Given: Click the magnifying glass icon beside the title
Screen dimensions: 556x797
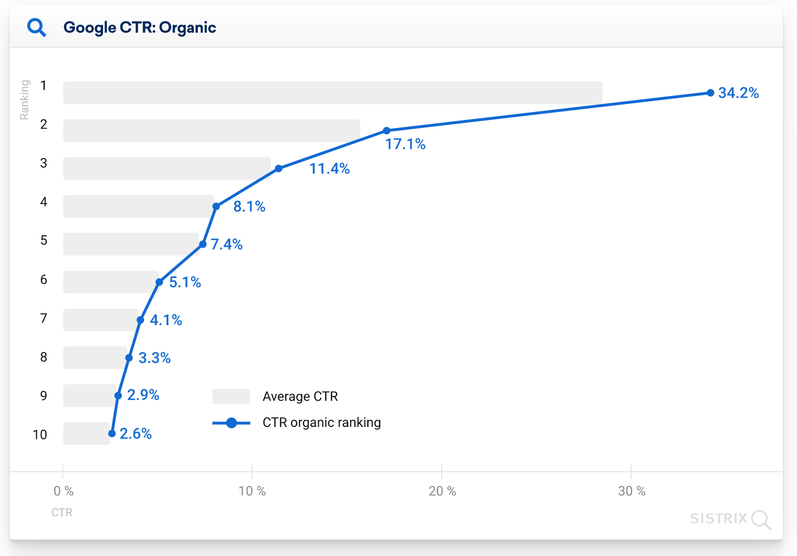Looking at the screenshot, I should click(x=37, y=27).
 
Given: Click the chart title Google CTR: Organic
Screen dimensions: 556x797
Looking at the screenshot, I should click(x=140, y=27).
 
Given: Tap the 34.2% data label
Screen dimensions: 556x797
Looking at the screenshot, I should click(x=738, y=93).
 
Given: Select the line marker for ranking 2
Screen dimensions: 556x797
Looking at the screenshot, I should click(x=387, y=131).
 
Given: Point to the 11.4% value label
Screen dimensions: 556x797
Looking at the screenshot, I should click(x=329, y=169).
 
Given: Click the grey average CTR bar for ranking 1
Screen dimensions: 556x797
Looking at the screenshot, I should click(x=333, y=93).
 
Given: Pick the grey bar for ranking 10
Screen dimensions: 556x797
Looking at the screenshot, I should click(x=86, y=433).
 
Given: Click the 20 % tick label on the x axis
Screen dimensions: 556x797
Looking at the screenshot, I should click(x=442, y=491).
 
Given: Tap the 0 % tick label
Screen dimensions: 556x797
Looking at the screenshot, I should click(x=63, y=491).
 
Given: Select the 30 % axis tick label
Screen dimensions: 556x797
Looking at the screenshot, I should click(x=631, y=491).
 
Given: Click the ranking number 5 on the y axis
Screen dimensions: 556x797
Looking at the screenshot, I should click(x=44, y=240).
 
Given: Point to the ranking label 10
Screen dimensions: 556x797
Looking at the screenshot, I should click(x=40, y=435).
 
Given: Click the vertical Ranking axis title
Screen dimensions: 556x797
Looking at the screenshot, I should click(x=24, y=99).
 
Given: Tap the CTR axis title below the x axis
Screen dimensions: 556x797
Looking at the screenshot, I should click(x=62, y=513).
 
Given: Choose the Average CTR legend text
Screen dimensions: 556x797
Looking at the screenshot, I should click(x=300, y=396).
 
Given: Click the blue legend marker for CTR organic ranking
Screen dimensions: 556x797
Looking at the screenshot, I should click(x=231, y=423).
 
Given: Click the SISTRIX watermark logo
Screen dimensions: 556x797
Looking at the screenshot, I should click(x=730, y=518).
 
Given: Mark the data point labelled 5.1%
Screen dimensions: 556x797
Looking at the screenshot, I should click(x=159, y=282).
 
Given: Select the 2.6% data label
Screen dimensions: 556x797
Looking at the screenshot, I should click(x=135, y=434).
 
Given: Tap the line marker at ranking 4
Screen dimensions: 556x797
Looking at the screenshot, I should click(x=216, y=206).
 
